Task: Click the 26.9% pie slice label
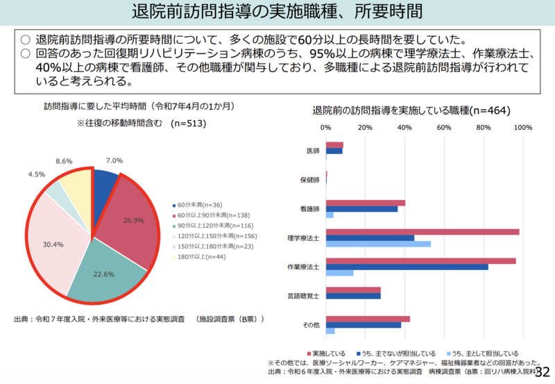tap(133, 221)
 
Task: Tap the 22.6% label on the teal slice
tap(103, 274)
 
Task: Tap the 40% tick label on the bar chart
tap(404, 128)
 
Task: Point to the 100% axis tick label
tap(522, 128)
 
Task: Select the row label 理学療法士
tap(304, 238)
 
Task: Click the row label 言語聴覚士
tap(304, 296)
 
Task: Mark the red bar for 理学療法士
tap(422, 231)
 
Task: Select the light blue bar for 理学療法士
tap(378, 244)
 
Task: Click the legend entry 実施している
tap(328, 353)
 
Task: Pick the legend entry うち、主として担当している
tap(486, 353)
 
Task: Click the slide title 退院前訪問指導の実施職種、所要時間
tap(277, 12)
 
